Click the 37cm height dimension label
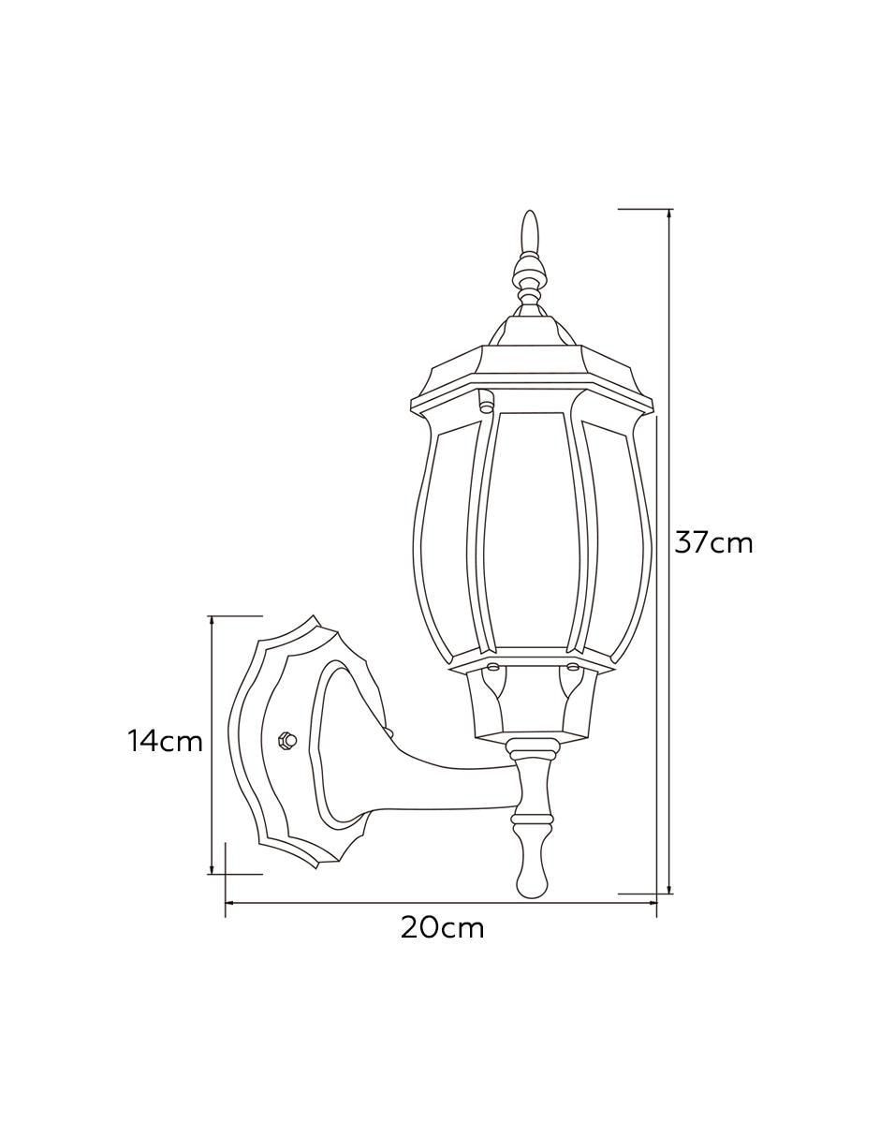[x=713, y=543]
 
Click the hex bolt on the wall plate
[x=286, y=741]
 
